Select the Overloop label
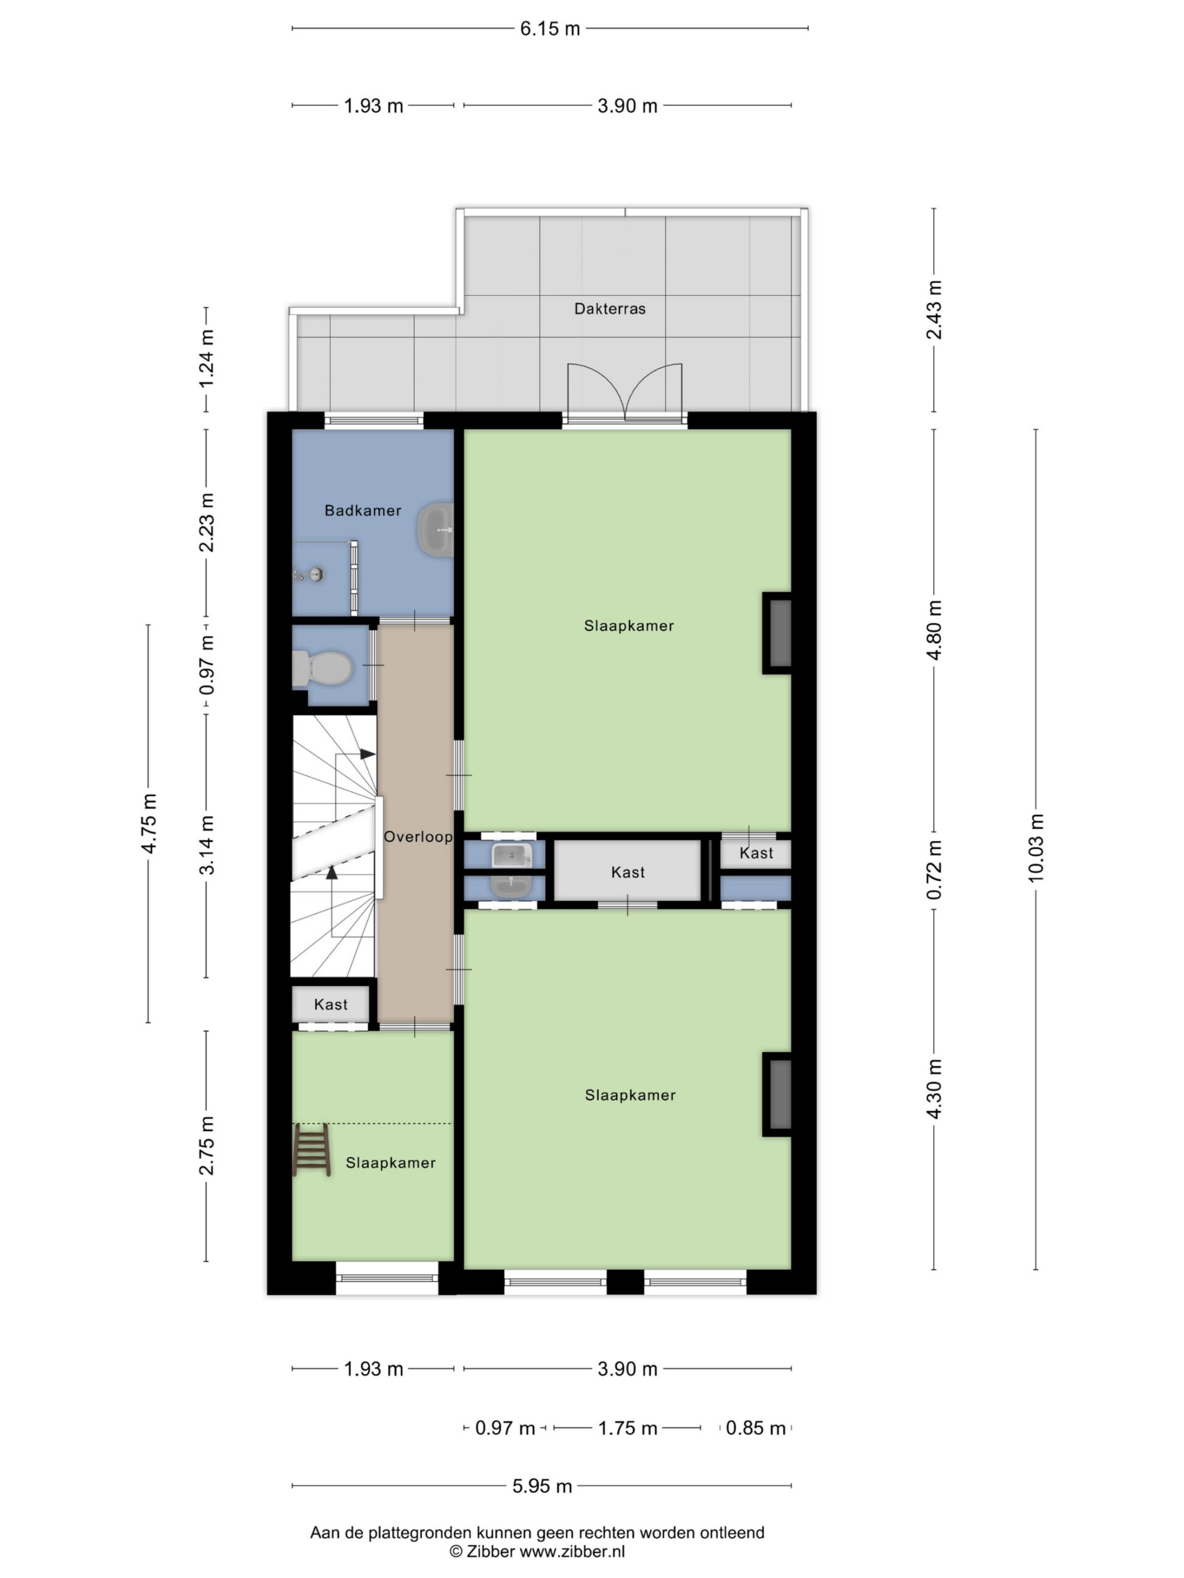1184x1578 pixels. coord(418,837)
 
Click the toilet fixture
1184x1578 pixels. coord(323,668)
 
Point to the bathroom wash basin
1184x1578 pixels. coord(435,530)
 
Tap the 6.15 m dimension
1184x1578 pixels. coord(549,28)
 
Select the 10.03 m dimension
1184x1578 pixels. coord(1035,848)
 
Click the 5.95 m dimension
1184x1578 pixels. coord(543,1486)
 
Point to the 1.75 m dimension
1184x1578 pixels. coord(627,1428)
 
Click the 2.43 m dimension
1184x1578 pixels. coord(934,309)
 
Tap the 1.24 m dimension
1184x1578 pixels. coord(206,359)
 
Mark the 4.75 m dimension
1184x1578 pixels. coord(149,824)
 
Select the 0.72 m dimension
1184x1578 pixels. coord(934,869)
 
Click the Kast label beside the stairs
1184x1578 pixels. coord(331,1005)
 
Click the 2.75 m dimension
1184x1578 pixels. coord(206,1146)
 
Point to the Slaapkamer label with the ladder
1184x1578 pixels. coord(390,1163)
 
